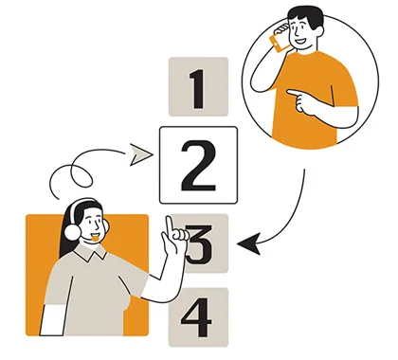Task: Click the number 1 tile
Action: point(197,89)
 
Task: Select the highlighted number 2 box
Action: point(197,165)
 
